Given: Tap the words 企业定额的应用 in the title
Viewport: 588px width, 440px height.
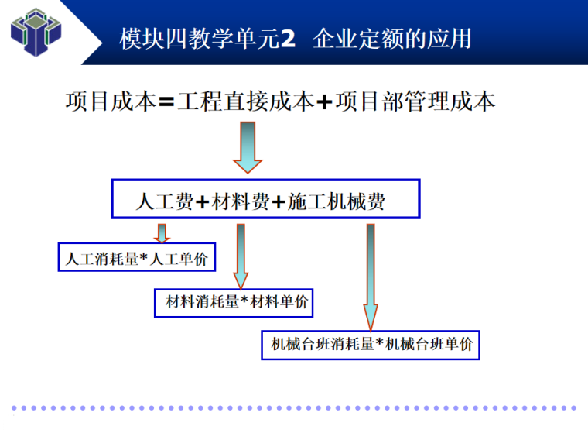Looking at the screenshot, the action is click(393, 39).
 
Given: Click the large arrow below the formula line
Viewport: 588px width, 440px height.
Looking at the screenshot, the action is click(248, 147).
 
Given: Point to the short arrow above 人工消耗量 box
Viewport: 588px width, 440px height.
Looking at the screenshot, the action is click(162, 232).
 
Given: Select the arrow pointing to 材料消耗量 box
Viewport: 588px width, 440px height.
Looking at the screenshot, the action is click(241, 256).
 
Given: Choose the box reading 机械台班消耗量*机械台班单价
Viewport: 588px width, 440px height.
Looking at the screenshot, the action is click(371, 345).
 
